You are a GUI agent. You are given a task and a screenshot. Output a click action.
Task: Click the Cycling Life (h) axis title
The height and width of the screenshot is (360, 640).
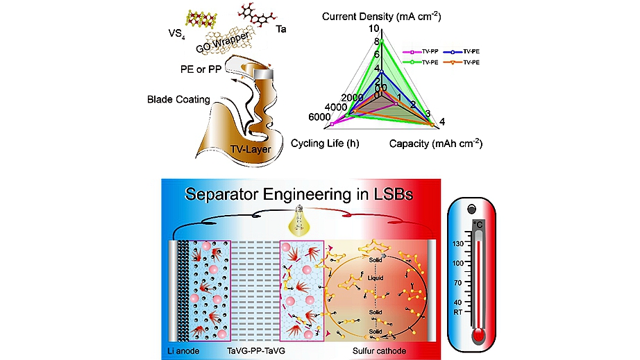pyautogui.click(x=324, y=144)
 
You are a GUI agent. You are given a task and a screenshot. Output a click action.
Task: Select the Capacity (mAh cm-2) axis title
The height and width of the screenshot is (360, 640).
pyautogui.click(x=435, y=144)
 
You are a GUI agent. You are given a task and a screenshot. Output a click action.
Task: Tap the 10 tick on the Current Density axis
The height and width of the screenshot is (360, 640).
pyautogui.click(x=376, y=29)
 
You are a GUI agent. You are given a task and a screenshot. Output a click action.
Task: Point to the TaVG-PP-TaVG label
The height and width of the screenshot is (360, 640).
pyautogui.click(x=262, y=351)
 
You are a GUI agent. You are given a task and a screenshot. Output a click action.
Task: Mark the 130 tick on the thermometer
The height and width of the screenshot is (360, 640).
pyautogui.click(x=460, y=244)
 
